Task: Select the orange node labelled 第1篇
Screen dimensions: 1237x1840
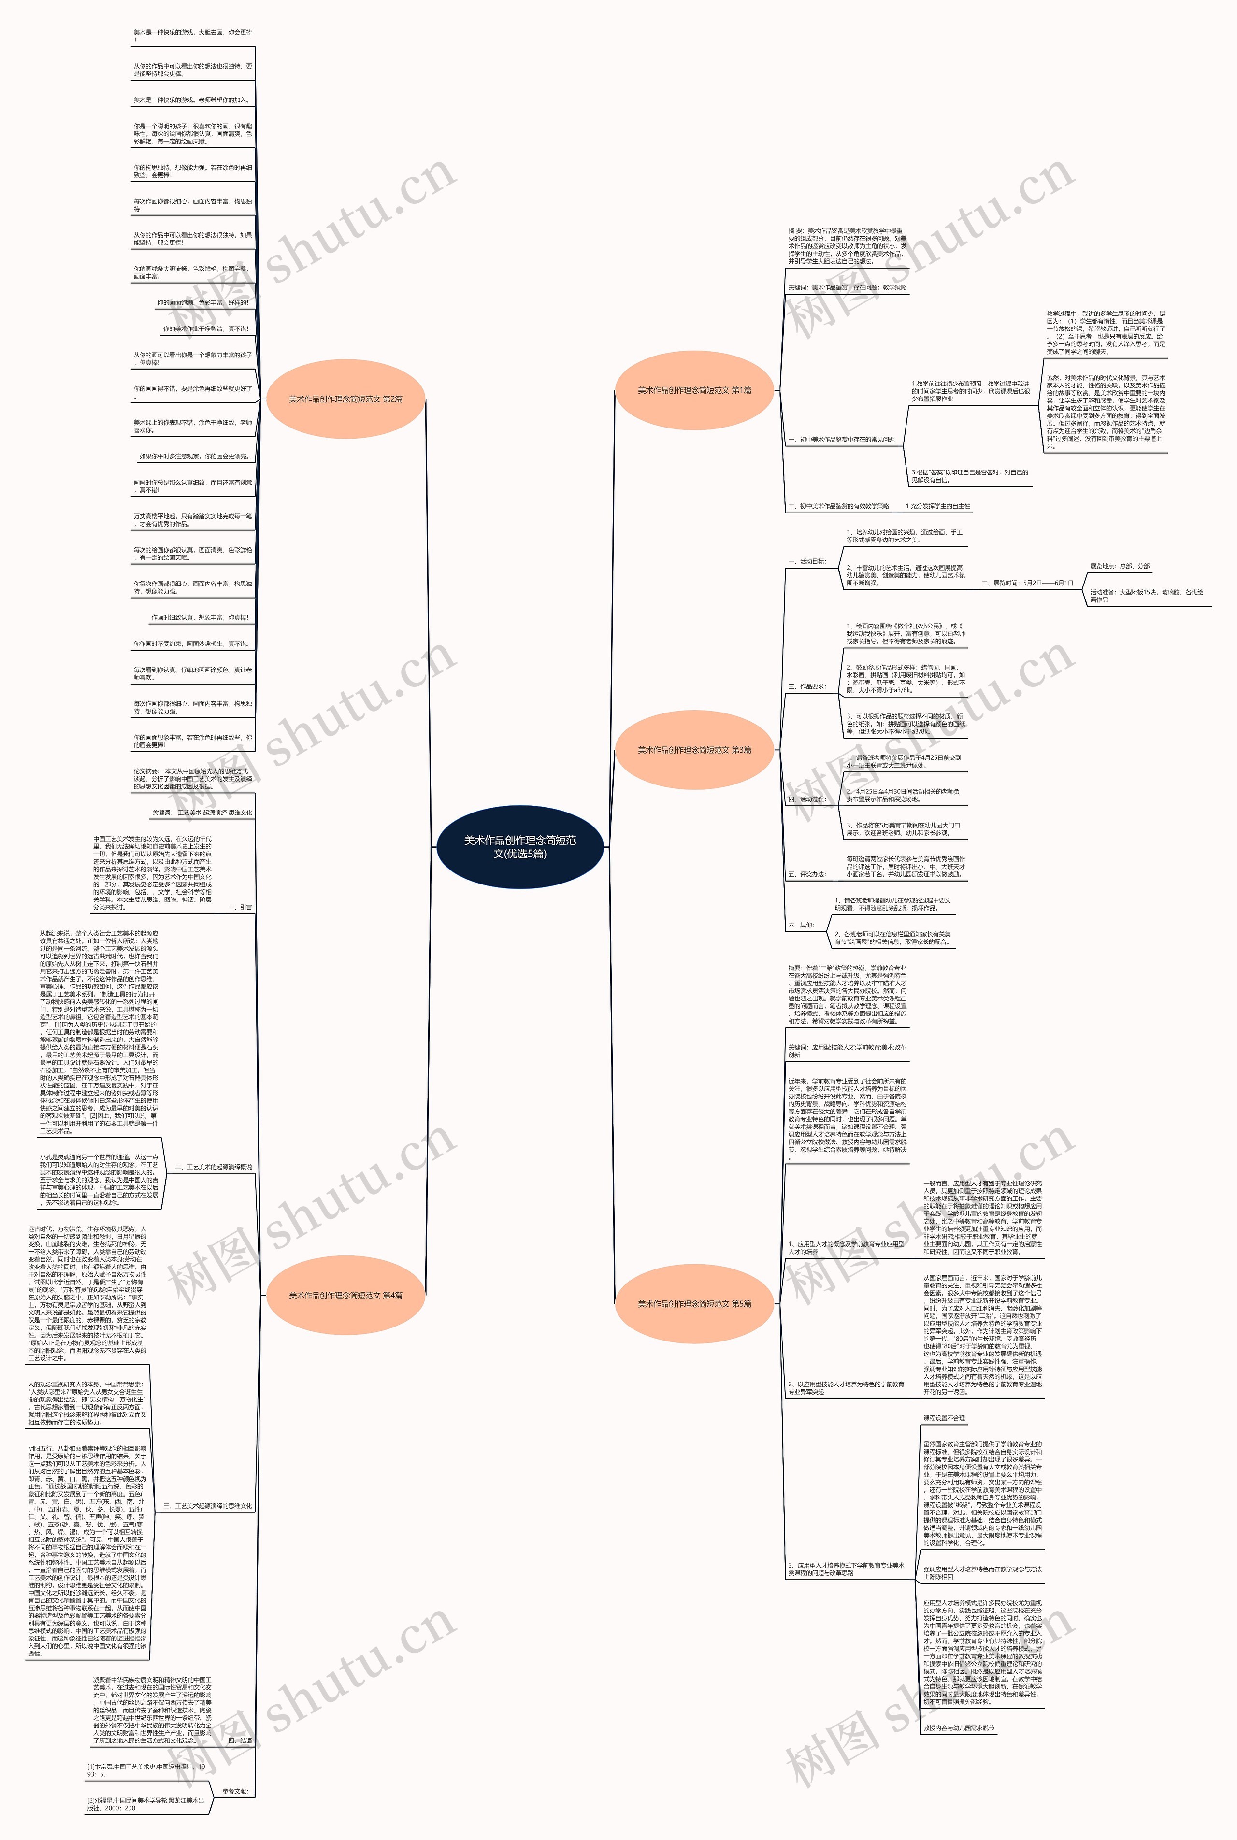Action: [x=694, y=390]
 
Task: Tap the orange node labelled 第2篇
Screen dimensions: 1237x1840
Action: [x=345, y=399]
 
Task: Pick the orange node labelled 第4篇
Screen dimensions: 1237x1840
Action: [x=345, y=1295]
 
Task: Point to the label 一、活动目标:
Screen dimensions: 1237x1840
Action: [x=807, y=561]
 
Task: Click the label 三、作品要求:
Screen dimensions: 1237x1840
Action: [x=807, y=686]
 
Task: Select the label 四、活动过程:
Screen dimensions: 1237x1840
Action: [x=807, y=799]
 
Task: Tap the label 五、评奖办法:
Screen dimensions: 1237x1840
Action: [x=807, y=874]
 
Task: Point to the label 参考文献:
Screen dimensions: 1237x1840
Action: [x=236, y=1791]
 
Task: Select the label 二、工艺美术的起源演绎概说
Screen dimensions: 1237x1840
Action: [x=213, y=1167]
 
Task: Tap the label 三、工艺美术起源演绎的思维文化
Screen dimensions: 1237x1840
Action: [x=207, y=1506]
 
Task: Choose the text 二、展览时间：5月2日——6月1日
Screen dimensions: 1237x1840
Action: [x=1027, y=583]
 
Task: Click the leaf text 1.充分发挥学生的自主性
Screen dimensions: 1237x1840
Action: [x=937, y=506]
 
